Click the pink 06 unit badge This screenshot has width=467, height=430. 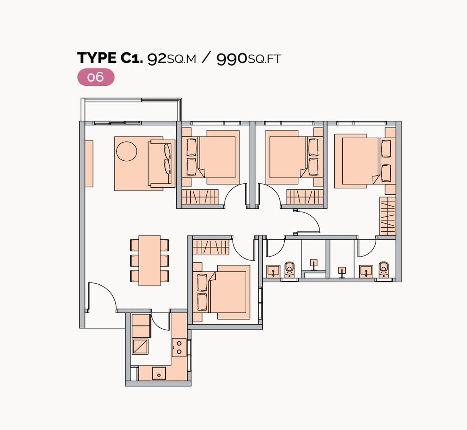click(96, 77)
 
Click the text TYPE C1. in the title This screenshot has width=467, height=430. click(110, 58)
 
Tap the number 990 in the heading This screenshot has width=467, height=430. click(231, 58)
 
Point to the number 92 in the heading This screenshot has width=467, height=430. click(157, 58)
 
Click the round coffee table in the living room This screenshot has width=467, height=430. click(127, 151)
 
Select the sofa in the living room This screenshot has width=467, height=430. click(161, 163)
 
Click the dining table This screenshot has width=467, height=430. click(150, 260)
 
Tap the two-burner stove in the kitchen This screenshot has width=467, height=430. click(179, 347)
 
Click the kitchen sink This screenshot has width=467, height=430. click(159, 373)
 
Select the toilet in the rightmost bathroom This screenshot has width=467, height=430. click(384, 270)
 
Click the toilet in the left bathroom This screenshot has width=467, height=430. click(289, 270)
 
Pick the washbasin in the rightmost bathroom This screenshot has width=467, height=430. click(366, 271)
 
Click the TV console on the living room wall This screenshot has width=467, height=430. click(89, 163)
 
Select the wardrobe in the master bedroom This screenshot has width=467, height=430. click(388, 216)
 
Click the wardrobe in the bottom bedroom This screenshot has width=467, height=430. click(211, 247)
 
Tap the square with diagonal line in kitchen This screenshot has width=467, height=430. click(140, 346)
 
